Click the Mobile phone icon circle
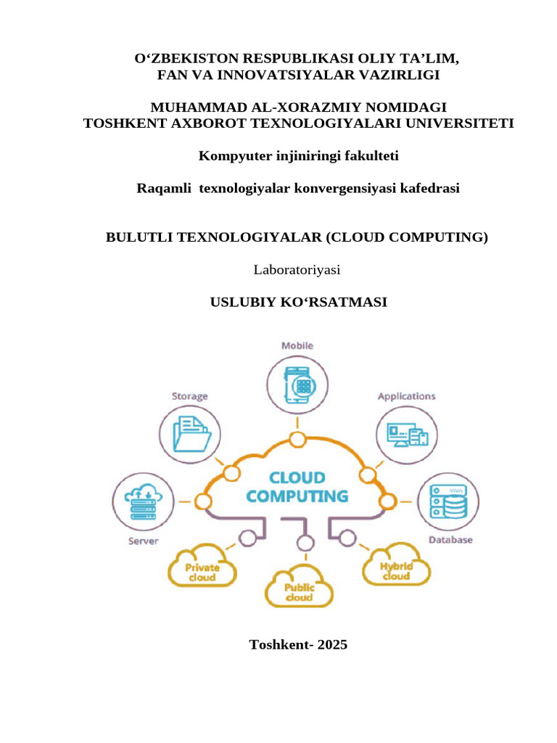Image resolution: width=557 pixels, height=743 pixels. point(297,384)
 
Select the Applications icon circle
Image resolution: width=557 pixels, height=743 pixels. point(406,434)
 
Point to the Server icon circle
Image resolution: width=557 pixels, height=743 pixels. point(143,501)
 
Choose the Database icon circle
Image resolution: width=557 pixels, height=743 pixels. point(450,501)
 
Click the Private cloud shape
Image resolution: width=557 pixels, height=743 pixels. point(202,568)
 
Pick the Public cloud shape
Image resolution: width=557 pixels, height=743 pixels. point(298,588)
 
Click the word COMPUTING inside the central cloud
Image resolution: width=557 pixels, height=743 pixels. point(297,497)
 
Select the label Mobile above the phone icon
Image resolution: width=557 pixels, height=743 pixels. point(297,346)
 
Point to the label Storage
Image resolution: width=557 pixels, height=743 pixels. point(190,396)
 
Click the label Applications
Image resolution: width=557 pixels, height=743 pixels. point(406,396)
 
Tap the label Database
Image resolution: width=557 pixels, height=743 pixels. point(450,540)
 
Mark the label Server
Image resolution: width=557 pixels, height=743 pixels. point(144,541)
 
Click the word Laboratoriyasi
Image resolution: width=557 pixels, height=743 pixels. point(297,270)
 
